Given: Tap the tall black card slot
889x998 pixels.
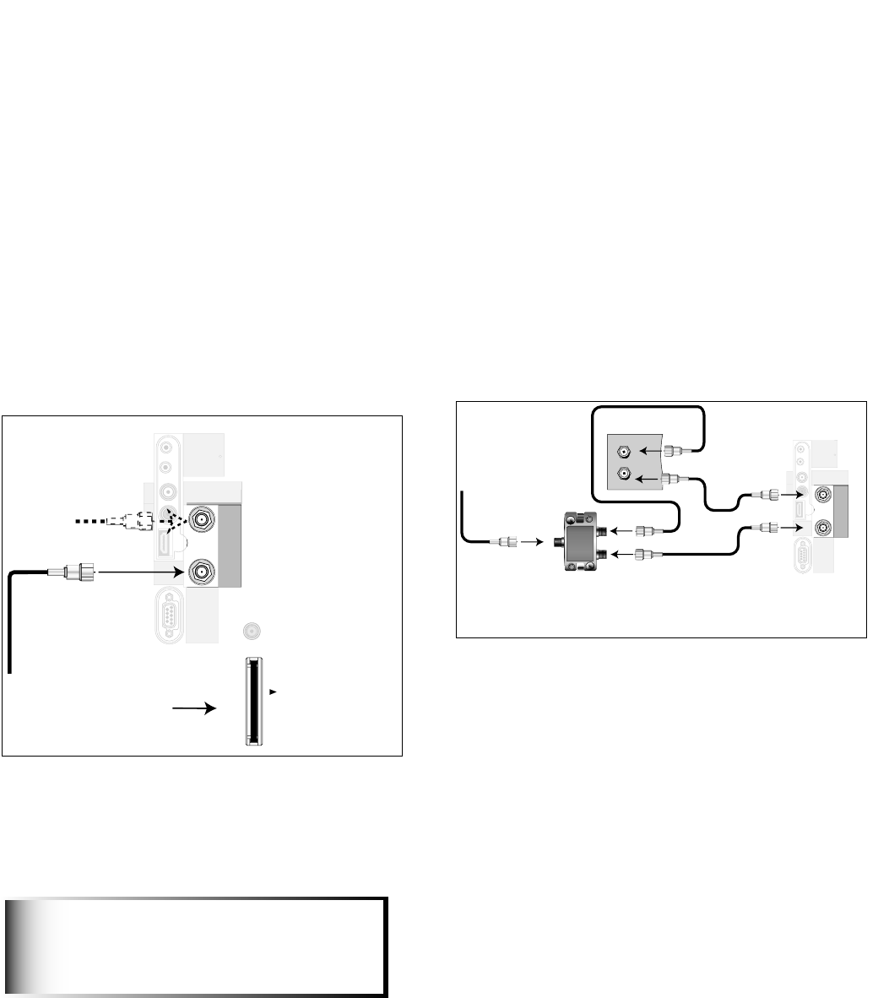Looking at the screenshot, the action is (250, 702).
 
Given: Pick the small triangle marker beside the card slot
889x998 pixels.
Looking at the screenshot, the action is (273, 692).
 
